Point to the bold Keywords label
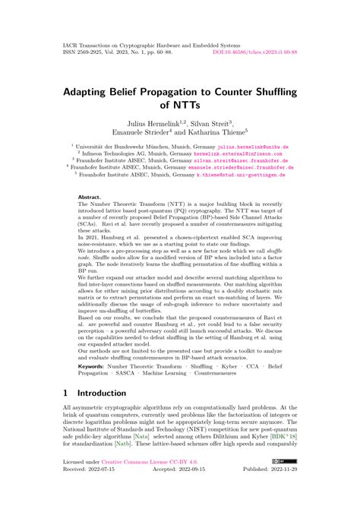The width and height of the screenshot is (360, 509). [x=93, y=366]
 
